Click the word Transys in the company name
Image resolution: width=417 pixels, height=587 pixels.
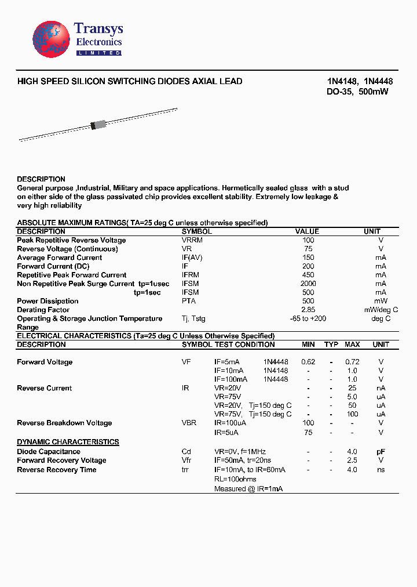click(x=98, y=29)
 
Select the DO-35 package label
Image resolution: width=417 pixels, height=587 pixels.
click(x=339, y=92)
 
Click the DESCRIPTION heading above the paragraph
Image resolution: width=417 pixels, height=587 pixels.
click(x=41, y=179)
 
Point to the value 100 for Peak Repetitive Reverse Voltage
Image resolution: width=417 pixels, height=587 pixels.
click(x=308, y=240)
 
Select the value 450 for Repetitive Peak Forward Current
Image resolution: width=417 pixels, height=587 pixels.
click(x=308, y=275)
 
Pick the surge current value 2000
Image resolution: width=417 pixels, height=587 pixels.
click(x=308, y=284)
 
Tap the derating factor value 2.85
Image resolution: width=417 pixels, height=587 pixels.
click(x=308, y=310)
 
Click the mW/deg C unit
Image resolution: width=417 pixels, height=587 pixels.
click(x=381, y=310)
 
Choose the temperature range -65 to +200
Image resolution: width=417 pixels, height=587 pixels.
click(x=308, y=318)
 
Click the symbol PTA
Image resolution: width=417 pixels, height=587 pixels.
click(x=189, y=301)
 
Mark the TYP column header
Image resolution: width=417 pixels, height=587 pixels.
click(x=331, y=345)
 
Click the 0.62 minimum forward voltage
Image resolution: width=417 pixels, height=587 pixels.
click(x=308, y=362)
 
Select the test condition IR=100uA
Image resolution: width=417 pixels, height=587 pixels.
click(x=230, y=423)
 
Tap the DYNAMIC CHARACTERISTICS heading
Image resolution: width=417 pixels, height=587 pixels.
click(x=68, y=442)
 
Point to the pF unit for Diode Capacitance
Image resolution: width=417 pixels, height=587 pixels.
click(x=381, y=451)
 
